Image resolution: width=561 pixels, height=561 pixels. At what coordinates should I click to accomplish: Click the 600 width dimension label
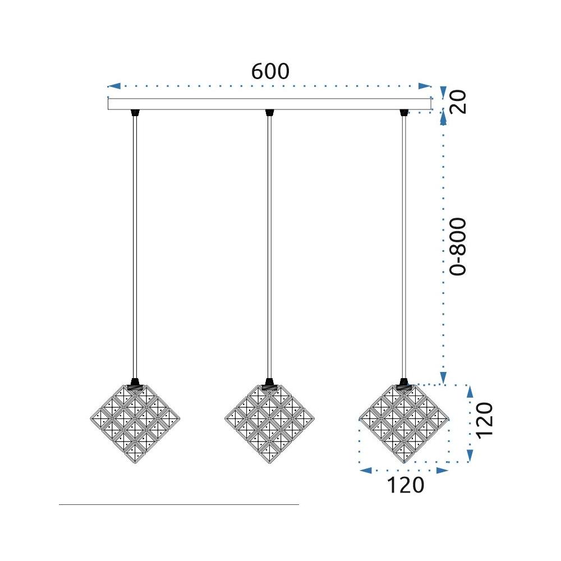(x=270, y=72)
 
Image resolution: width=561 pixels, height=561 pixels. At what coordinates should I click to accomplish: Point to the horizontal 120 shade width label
(x=405, y=485)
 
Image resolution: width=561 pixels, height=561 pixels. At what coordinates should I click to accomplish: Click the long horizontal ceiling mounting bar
(x=269, y=104)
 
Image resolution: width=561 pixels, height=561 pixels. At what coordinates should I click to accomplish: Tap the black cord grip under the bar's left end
(x=135, y=113)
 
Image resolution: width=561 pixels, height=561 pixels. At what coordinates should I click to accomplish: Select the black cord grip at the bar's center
(x=269, y=113)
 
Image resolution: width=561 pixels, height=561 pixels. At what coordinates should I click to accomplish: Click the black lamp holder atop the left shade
(x=135, y=385)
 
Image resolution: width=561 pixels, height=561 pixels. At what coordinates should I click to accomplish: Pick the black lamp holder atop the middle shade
(x=269, y=385)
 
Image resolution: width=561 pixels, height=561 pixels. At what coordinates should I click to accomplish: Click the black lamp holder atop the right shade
(x=403, y=385)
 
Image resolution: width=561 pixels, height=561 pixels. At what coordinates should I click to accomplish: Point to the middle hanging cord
(x=269, y=247)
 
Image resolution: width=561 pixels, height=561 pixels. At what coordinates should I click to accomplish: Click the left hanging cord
(x=135, y=247)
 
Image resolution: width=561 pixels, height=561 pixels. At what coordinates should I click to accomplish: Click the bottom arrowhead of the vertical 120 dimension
(x=470, y=457)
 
